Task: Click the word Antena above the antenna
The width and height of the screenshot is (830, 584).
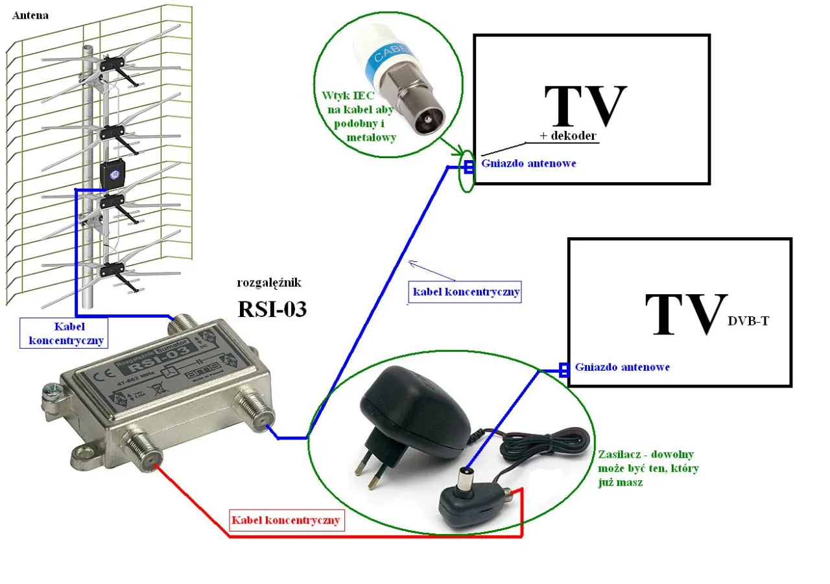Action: click(30, 14)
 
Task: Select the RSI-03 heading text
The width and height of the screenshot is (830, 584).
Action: click(272, 309)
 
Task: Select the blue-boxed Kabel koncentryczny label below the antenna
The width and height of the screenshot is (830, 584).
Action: click(65, 333)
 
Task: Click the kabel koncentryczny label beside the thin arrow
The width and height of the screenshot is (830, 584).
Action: click(465, 292)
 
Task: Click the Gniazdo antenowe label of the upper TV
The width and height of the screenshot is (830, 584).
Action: click(528, 163)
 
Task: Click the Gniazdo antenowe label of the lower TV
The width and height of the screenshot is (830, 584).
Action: click(622, 367)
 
